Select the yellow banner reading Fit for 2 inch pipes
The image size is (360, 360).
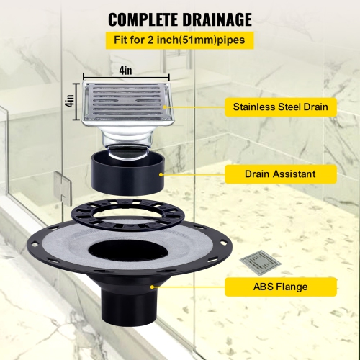click(x=180, y=40)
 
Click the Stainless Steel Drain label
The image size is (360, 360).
click(x=280, y=107)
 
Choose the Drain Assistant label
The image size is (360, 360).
click(x=280, y=173)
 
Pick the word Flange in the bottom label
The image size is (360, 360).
click(x=291, y=287)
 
